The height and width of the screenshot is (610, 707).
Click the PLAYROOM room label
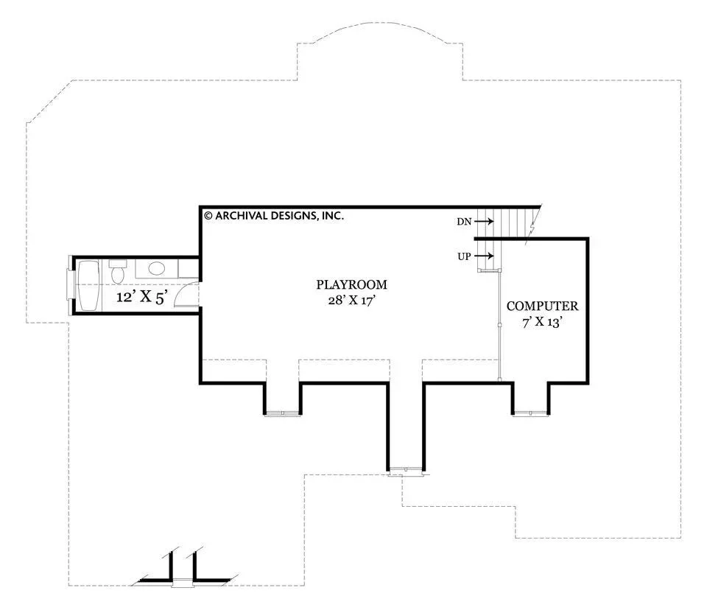pyautogui.click(x=351, y=284)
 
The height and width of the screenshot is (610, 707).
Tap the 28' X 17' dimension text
pyautogui.click(x=352, y=300)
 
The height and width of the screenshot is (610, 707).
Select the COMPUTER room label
pyautogui.click(x=542, y=306)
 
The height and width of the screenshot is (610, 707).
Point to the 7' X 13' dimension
pyautogui.click(x=543, y=322)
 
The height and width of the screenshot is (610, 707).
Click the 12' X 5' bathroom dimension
pyautogui.click(x=142, y=298)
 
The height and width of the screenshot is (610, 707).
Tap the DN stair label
pyautogui.click(x=464, y=222)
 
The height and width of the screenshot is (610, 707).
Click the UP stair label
pyautogui.click(x=464, y=256)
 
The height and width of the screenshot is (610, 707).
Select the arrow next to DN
pyautogui.click(x=484, y=222)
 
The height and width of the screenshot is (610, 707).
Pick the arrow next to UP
pyautogui.click(x=484, y=256)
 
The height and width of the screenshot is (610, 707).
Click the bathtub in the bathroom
pyautogui.click(x=89, y=286)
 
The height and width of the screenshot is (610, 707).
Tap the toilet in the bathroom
pyautogui.click(x=118, y=271)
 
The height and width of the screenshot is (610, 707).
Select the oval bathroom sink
pyautogui.click(x=156, y=269)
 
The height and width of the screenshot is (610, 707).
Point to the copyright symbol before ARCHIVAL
pyautogui.click(x=208, y=216)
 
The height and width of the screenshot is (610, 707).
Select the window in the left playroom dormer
pyautogui.click(x=282, y=413)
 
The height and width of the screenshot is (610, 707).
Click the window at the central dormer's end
pyautogui.click(x=406, y=471)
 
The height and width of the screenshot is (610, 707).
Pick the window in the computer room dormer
pyautogui.click(x=531, y=413)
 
